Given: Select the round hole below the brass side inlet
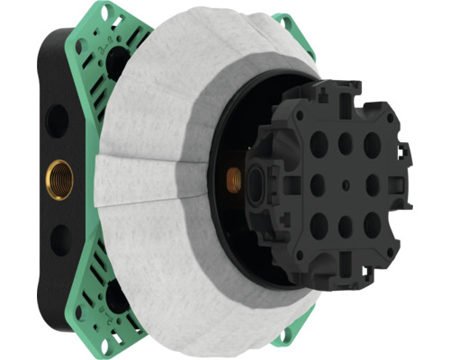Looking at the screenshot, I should [60, 239].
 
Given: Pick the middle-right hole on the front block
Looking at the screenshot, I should [372, 184].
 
